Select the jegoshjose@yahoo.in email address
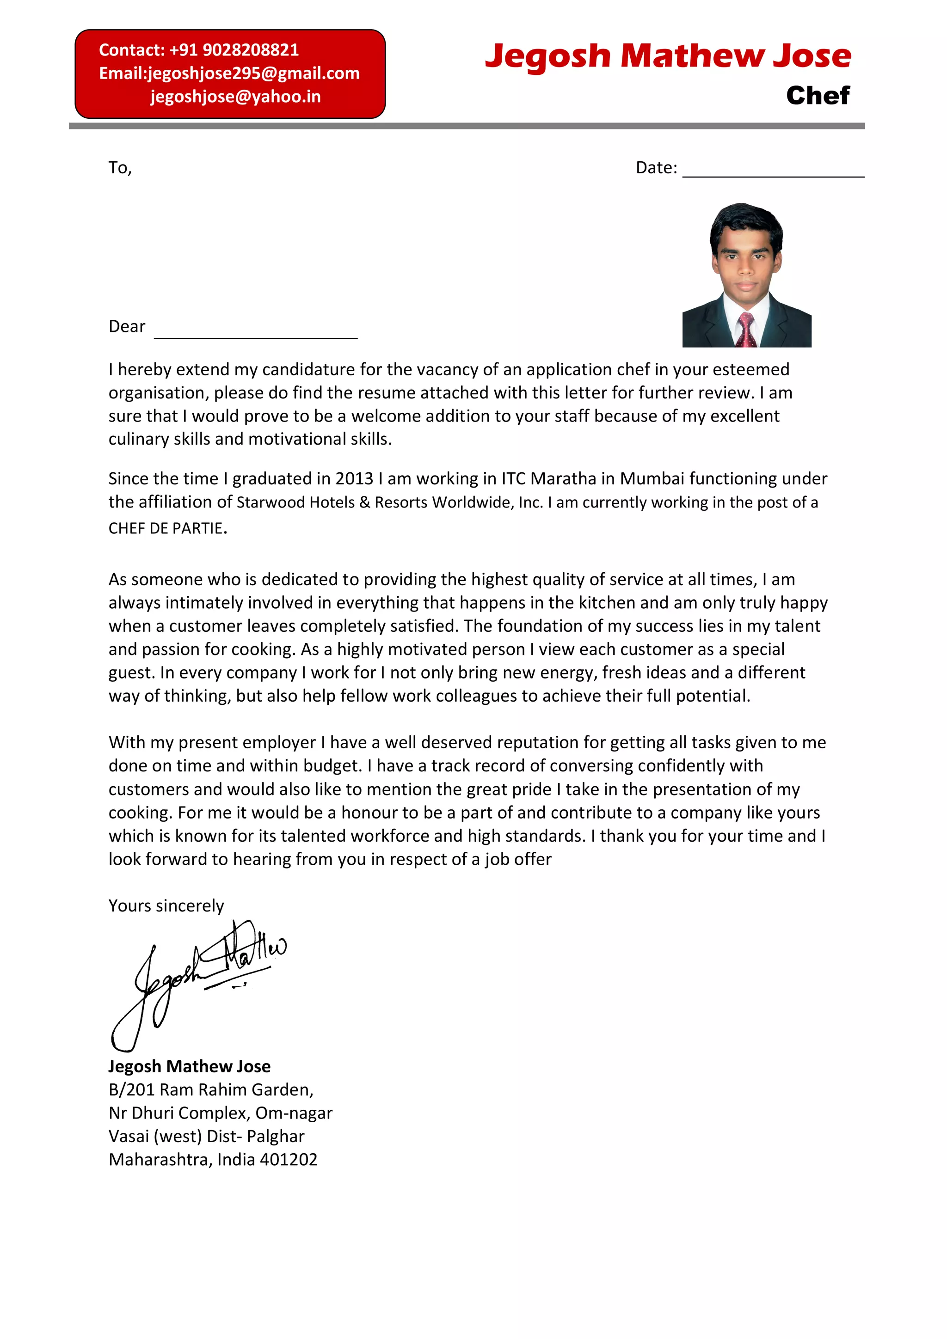click(x=235, y=96)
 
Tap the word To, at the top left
click(x=120, y=168)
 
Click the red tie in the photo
click(x=746, y=330)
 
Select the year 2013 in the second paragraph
click(x=354, y=479)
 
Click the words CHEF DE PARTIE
click(x=166, y=528)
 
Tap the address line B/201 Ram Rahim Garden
click(x=211, y=1089)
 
